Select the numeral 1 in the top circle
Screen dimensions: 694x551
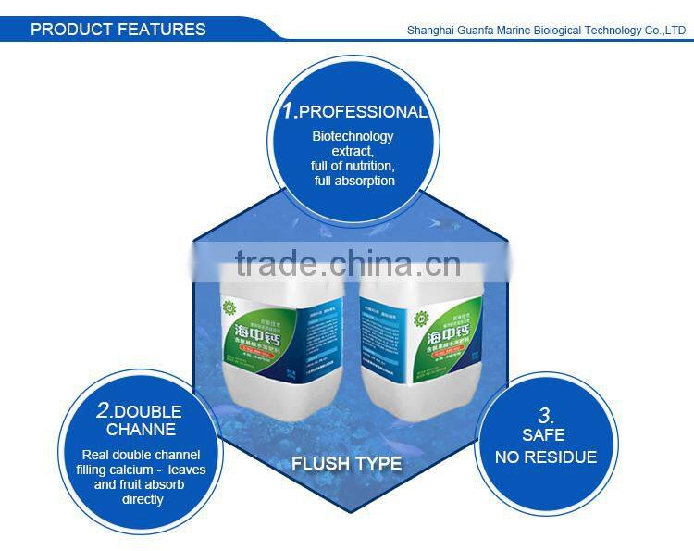(289, 111)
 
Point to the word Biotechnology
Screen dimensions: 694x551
(353, 137)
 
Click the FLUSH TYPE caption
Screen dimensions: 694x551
(347, 463)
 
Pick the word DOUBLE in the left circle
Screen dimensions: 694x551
(148, 411)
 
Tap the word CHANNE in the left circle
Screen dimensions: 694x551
(141, 430)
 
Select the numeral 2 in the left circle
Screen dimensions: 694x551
(103, 410)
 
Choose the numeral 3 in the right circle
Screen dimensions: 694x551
(546, 416)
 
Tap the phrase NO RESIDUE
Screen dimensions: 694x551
(546, 457)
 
